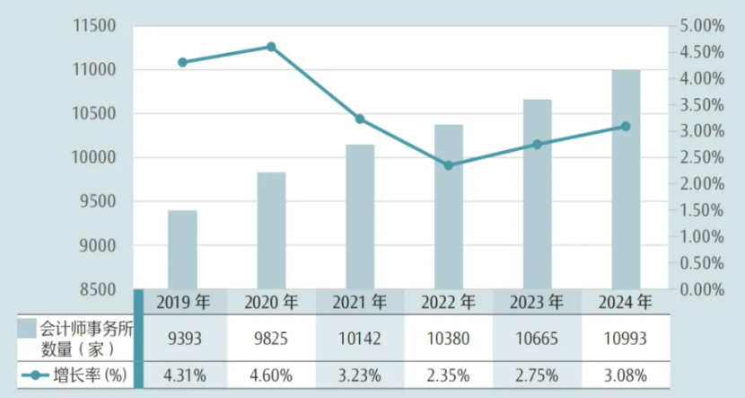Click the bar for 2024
point(626,180)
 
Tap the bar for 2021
point(360,217)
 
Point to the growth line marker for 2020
point(271,47)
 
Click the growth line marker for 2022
point(448,165)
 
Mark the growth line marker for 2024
point(626,127)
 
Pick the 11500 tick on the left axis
point(94,26)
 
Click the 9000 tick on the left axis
point(99,245)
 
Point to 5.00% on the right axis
point(698,26)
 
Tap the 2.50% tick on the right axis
point(698,158)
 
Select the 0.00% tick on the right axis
point(698,289)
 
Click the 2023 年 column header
point(537,302)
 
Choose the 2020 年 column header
point(271,302)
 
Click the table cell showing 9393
point(183,337)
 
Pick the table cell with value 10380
point(448,337)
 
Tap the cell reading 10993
point(626,337)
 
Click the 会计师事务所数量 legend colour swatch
point(27,327)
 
